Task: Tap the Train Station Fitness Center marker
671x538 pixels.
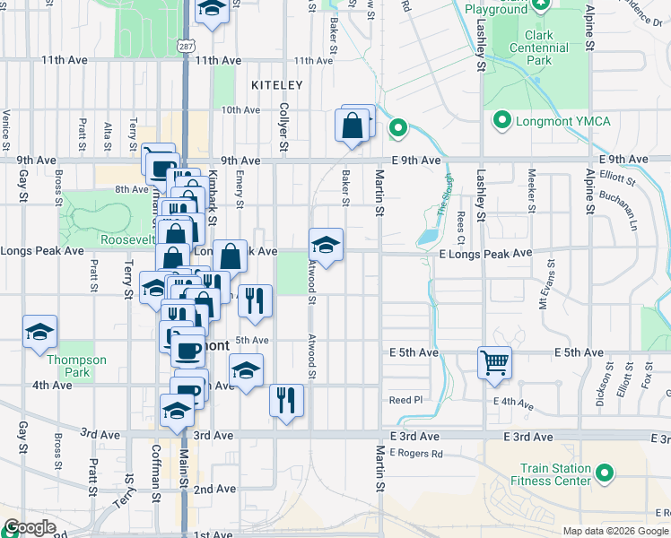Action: pos(606,473)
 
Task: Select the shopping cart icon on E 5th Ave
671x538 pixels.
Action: pos(494,363)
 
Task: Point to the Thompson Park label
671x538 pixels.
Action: pos(76,366)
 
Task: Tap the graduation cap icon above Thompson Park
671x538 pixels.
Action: pos(39,332)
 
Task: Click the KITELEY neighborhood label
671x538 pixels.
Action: pos(277,85)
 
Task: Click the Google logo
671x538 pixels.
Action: pos(30,527)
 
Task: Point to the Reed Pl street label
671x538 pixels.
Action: pos(404,399)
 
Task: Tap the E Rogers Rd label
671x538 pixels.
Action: pos(417,454)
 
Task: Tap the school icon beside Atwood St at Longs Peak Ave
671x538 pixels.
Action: pos(326,245)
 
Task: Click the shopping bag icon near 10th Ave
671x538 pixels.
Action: pos(353,126)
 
